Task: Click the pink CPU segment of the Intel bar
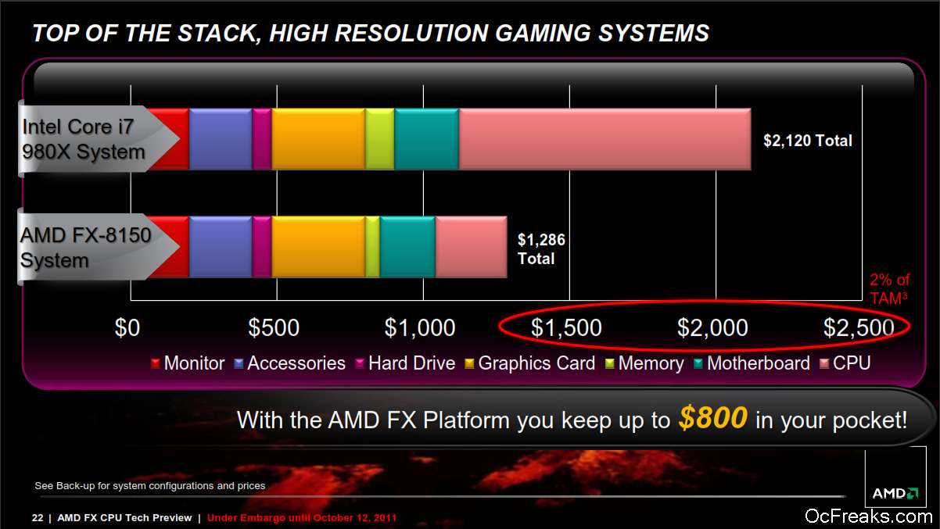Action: coord(605,139)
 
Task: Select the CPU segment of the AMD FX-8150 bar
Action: coord(472,247)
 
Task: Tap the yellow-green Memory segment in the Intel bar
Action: coord(380,139)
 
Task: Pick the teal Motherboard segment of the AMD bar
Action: coord(407,247)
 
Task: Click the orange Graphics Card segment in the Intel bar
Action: coord(318,139)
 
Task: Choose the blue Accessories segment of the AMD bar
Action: coord(221,247)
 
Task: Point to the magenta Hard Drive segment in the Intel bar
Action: coord(262,139)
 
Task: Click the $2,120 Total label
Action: coord(808,141)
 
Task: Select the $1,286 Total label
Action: coord(541,249)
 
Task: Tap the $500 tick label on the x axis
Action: coord(274,327)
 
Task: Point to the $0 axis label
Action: coord(127,327)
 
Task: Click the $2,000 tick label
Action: coord(712,327)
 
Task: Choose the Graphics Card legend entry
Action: coord(530,363)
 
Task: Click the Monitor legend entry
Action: coord(188,363)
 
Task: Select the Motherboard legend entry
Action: coord(752,363)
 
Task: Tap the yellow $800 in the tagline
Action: coord(713,418)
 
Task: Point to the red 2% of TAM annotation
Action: coord(889,289)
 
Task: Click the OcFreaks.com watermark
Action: coord(868,516)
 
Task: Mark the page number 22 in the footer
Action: coord(38,518)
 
